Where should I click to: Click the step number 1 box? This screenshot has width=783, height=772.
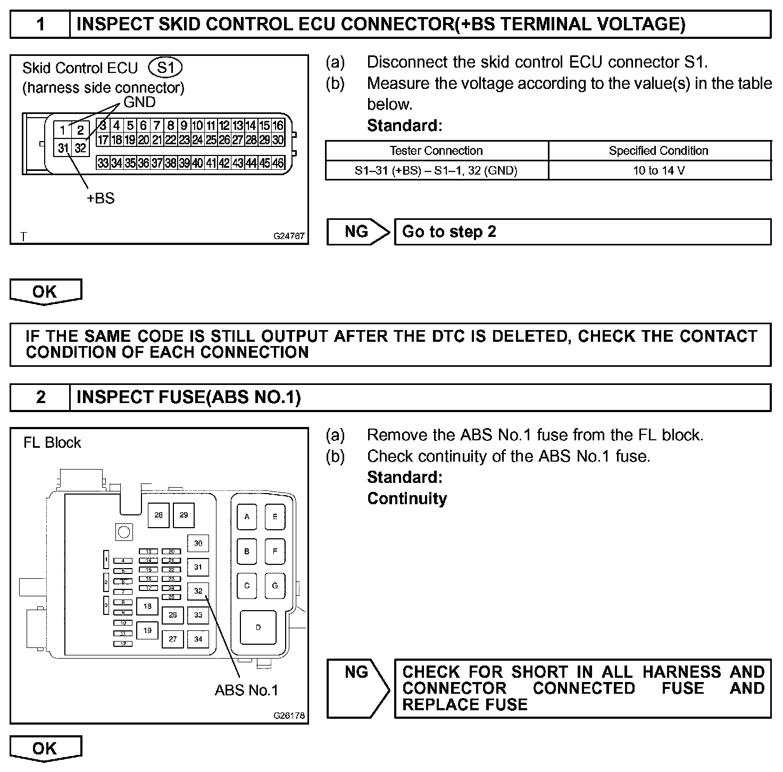[40, 24]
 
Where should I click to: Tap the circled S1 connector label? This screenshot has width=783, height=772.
[166, 68]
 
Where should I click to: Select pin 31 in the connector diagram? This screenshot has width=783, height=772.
[63, 147]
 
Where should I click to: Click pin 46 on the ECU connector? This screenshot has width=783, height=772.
[278, 163]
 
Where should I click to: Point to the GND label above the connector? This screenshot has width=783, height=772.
[139, 102]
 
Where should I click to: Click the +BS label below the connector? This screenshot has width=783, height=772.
[101, 198]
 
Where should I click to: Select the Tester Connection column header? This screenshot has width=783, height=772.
[436, 151]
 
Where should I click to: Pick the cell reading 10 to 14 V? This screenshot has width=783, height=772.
[659, 170]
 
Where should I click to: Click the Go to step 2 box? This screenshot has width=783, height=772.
[582, 232]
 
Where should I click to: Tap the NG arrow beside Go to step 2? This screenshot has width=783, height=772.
[357, 232]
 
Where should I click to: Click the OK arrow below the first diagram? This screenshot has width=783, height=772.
[45, 291]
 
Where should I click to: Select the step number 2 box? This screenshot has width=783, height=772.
[40, 397]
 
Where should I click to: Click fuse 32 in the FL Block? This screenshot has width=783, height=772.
[198, 591]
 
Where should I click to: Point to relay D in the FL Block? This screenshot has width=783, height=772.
[259, 627]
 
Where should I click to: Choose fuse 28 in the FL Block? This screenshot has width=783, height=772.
[159, 515]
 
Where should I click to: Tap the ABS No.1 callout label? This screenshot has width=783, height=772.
[246, 690]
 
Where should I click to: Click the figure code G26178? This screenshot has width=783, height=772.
[289, 716]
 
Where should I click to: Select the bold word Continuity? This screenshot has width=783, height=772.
[407, 498]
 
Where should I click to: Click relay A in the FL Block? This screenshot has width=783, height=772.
[247, 516]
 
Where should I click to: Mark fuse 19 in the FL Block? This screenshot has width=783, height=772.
[147, 630]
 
